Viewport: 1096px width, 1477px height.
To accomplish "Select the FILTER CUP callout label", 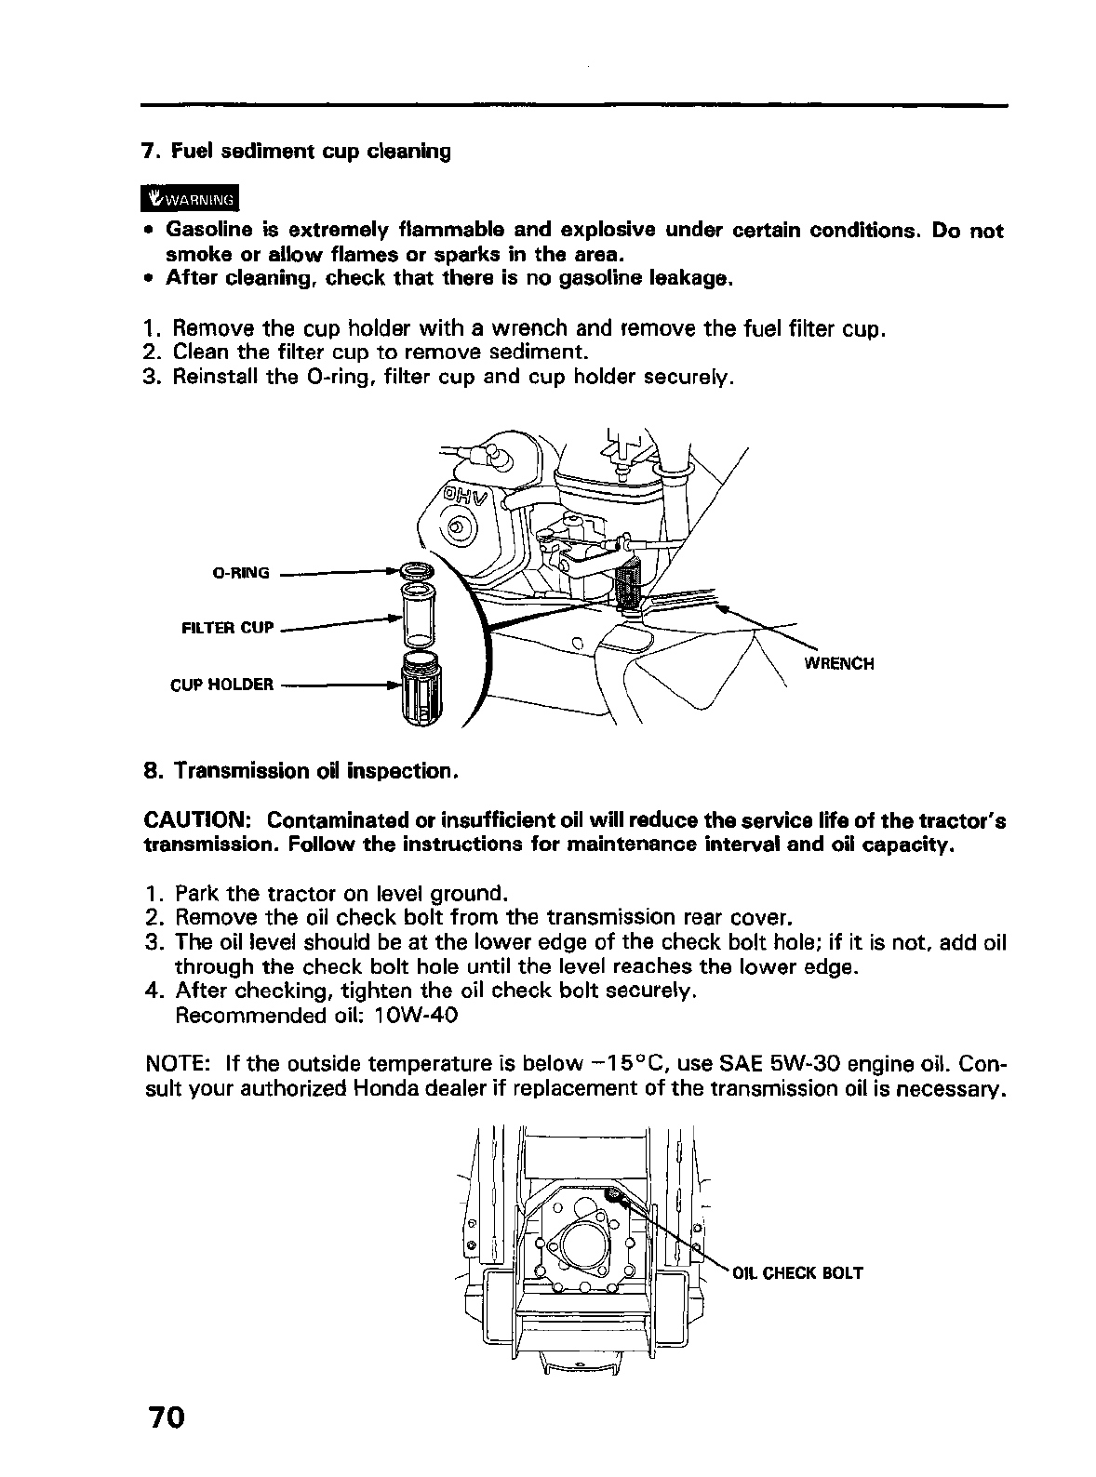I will pyautogui.click(x=228, y=628).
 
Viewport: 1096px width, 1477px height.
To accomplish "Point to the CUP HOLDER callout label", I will pyautogui.click(x=222, y=685).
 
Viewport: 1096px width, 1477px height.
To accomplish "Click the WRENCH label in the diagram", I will pyautogui.click(x=838, y=664).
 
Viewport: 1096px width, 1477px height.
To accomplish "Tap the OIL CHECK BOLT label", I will pyautogui.click(x=798, y=1273).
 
